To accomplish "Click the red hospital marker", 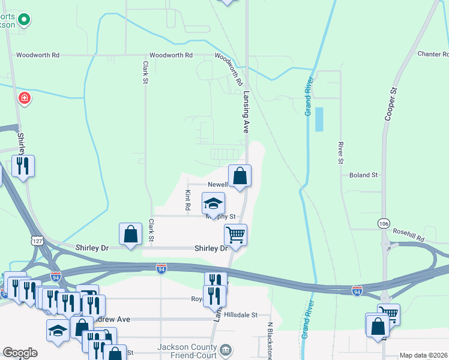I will (24, 97).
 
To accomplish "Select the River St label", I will (340, 152).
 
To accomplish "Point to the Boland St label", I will (363, 175).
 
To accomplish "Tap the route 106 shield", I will (384, 223).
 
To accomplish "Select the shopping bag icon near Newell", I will (240, 176).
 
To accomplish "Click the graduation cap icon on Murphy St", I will (213, 204).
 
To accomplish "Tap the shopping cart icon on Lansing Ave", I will (236, 235).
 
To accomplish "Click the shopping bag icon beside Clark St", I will (130, 235).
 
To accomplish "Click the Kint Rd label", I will (188, 200).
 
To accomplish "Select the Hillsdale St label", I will (242, 314).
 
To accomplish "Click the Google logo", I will (20, 353).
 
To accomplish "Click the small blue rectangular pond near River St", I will (319, 119).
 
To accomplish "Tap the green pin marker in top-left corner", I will (24, 20).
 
